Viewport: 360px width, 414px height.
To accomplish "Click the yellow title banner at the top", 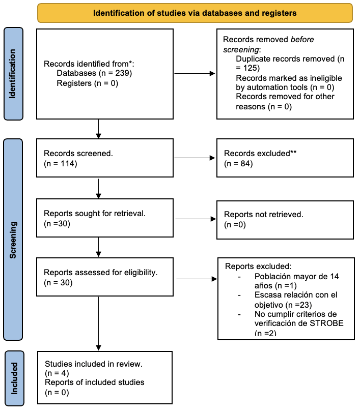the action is click(x=195, y=13).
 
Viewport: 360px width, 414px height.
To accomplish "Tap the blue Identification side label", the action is click(x=13, y=74).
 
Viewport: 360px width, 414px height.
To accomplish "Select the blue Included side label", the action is click(x=15, y=378).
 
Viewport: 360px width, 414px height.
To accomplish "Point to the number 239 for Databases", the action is click(x=122, y=73).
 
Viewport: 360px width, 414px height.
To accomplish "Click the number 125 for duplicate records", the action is click(x=250, y=68).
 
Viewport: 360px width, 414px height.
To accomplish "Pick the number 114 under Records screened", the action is click(x=67, y=163).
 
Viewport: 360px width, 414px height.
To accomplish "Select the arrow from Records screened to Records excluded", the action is click(x=195, y=158).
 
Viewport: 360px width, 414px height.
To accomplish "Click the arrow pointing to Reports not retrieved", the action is click(x=196, y=219).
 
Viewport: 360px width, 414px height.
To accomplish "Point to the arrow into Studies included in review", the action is click(x=99, y=323).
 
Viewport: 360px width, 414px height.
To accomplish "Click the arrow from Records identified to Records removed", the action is click(x=195, y=73).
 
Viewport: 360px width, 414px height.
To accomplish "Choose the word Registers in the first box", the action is click(x=74, y=83).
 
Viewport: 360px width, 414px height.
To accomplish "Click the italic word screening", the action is click(x=241, y=50).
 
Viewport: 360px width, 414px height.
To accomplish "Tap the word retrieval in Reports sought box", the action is click(x=130, y=213).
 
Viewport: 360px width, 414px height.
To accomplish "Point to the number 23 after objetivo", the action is click(x=304, y=305).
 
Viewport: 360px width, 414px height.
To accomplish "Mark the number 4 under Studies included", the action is click(x=64, y=373).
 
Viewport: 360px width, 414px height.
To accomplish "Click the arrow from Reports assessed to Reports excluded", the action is click(x=197, y=279).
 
